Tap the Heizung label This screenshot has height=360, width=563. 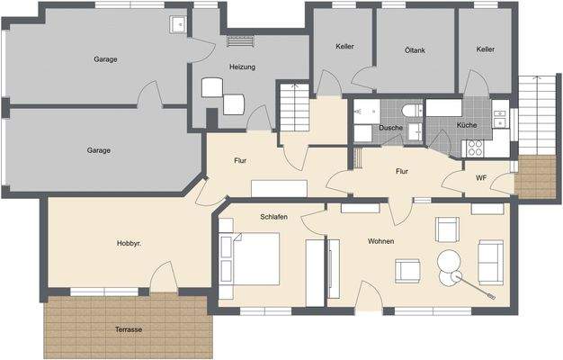tap(242, 67)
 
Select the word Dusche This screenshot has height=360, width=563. tap(391, 128)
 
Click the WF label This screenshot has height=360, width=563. tap(481, 178)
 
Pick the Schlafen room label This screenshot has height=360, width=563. tap(274, 218)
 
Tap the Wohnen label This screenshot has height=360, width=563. tap(382, 241)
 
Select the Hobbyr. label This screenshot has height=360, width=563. tap(129, 244)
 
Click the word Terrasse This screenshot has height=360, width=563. tap(129, 329)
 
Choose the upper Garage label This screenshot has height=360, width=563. tap(105, 59)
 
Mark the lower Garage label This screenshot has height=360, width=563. tap(99, 150)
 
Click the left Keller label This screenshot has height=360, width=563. tap(344, 47)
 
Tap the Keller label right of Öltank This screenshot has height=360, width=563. tap(486, 49)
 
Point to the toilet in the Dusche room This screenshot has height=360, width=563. tap(411, 110)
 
